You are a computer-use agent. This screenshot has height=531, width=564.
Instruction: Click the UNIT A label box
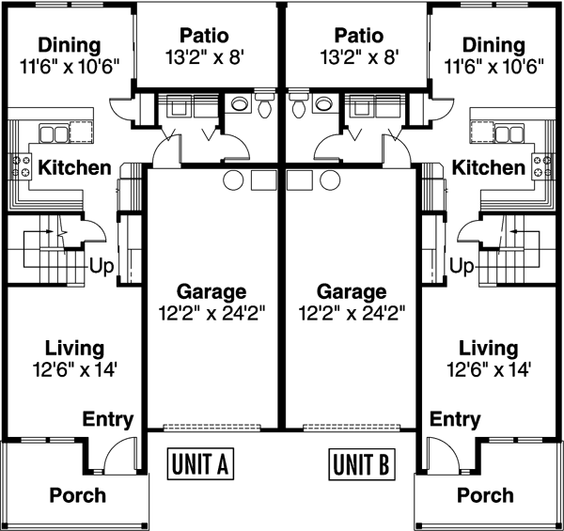click(x=199, y=463)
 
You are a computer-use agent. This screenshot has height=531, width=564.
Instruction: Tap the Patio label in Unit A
click(x=209, y=37)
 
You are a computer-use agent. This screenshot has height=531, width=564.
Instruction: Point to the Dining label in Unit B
click(x=493, y=44)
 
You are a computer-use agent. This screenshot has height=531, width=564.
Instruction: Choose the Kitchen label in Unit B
click(x=488, y=167)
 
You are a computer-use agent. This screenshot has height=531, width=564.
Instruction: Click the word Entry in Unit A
click(x=108, y=419)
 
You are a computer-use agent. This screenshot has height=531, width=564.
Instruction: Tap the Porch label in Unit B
click(x=485, y=495)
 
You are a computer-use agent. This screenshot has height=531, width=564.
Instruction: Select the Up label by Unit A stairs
click(x=102, y=267)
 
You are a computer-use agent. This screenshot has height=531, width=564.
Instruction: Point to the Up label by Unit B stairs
click(x=462, y=267)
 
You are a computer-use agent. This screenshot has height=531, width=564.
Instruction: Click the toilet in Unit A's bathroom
click(x=265, y=105)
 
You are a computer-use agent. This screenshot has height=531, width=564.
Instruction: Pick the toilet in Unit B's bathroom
click(x=299, y=105)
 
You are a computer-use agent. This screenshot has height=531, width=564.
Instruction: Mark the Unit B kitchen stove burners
click(x=542, y=166)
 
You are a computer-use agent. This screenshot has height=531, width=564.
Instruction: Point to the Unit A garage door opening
click(x=213, y=427)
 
